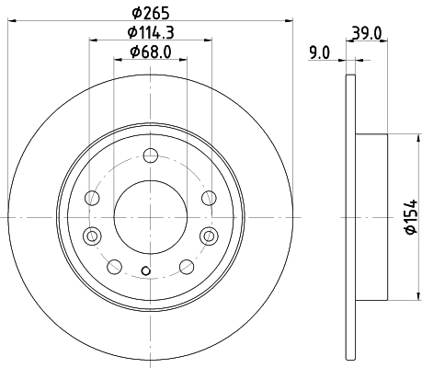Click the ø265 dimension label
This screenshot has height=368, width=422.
click(x=149, y=12)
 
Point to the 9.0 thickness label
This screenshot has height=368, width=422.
click(x=319, y=52)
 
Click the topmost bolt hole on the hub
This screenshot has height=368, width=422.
click(x=149, y=154)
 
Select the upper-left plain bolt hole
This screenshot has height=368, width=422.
click(x=91, y=197)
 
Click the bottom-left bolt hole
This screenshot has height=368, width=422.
click(x=113, y=267)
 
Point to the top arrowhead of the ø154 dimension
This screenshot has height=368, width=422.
click(x=401, y=138)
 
